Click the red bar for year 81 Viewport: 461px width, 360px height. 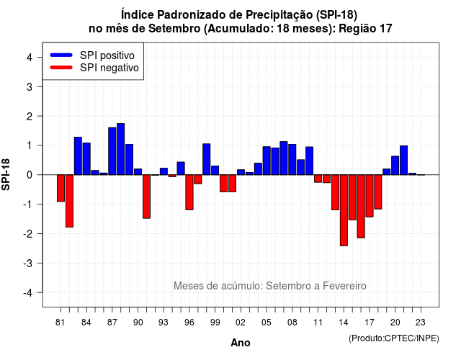click(x=61, y=188)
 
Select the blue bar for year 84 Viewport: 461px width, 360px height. click(x=86, y=158)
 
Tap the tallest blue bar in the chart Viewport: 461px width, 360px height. click(x=121, y=149)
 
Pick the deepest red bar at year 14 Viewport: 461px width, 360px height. click(x=344, y=210)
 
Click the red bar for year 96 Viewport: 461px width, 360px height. click(x=189, y=192)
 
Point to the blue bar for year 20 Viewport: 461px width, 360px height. click(x=395, y=166)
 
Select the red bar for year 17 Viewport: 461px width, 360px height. click(x=370, y=196)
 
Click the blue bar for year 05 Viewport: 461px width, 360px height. click(x=267, y=161)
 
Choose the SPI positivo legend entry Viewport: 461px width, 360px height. click(x=92, y=55)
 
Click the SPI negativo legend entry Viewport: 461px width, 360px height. click(x=94, y=68)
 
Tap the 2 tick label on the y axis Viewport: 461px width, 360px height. click(x=30, y=117)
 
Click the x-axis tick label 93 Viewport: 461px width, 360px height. click(x=164, y=323)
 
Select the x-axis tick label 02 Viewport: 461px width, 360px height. click(x=241, y=323)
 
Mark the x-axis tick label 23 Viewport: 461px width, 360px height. click(x=421, y=323)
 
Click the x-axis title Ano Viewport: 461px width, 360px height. click(x=241, y=343)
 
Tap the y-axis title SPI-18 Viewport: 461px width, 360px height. click(x=6, y=174)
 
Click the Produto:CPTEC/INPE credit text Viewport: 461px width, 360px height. click(x=394, y=338)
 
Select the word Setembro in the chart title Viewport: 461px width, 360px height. click(x=174, y=29)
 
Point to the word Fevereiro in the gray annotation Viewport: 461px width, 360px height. click(x=344, y=286)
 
